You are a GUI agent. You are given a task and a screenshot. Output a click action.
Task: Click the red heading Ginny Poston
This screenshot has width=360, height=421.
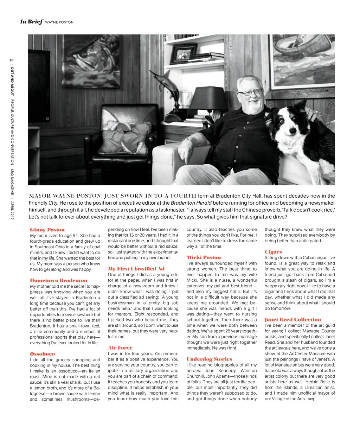pos(47,230)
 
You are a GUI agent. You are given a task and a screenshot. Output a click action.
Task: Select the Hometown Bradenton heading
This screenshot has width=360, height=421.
pos(58,280)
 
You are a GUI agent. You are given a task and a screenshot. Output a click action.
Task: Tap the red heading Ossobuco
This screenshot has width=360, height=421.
pos(43,353)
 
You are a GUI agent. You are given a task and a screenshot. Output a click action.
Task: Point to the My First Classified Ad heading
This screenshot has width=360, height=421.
pos(136,269)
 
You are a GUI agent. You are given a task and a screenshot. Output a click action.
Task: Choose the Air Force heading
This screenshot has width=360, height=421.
pos(120,347)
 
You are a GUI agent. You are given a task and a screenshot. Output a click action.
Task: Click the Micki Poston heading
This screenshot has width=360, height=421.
pos(204,257)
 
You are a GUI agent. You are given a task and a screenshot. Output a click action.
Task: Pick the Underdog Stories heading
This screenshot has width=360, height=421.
pos(209,359)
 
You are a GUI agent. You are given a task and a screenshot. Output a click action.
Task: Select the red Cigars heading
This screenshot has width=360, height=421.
pos(273,251)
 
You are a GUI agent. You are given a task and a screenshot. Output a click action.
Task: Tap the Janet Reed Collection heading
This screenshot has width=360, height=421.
pos(292,319)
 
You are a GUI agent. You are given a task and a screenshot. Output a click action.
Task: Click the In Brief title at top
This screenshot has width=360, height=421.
pos(31,22)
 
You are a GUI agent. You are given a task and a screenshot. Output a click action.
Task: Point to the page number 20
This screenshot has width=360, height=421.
pos(12,60)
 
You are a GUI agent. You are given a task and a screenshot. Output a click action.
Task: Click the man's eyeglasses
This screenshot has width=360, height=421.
pos(250,92)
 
